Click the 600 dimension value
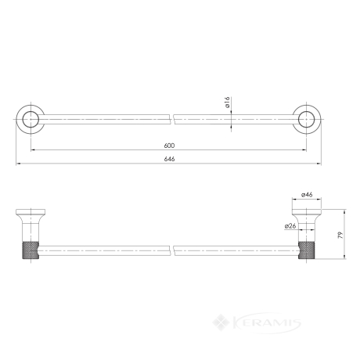point(169,146)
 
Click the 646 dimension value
point(169,159)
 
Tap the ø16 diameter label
point(227,103)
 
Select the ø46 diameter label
point(307,195)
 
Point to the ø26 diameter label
point(290,226)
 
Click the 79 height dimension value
point(340,235)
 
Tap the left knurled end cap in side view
point(31,250)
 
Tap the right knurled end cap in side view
point(307,250)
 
